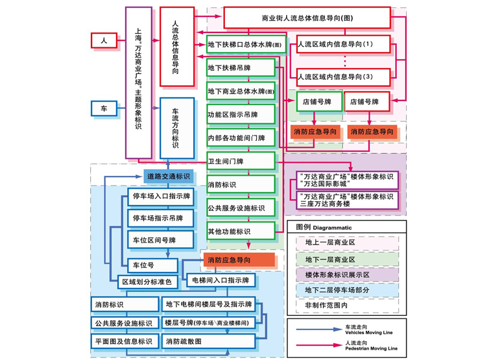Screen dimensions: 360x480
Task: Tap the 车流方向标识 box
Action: click(x=176, y=128)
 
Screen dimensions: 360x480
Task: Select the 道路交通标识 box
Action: click(x=168, y=176)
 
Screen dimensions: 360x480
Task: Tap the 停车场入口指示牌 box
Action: click(x=162, y=196)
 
